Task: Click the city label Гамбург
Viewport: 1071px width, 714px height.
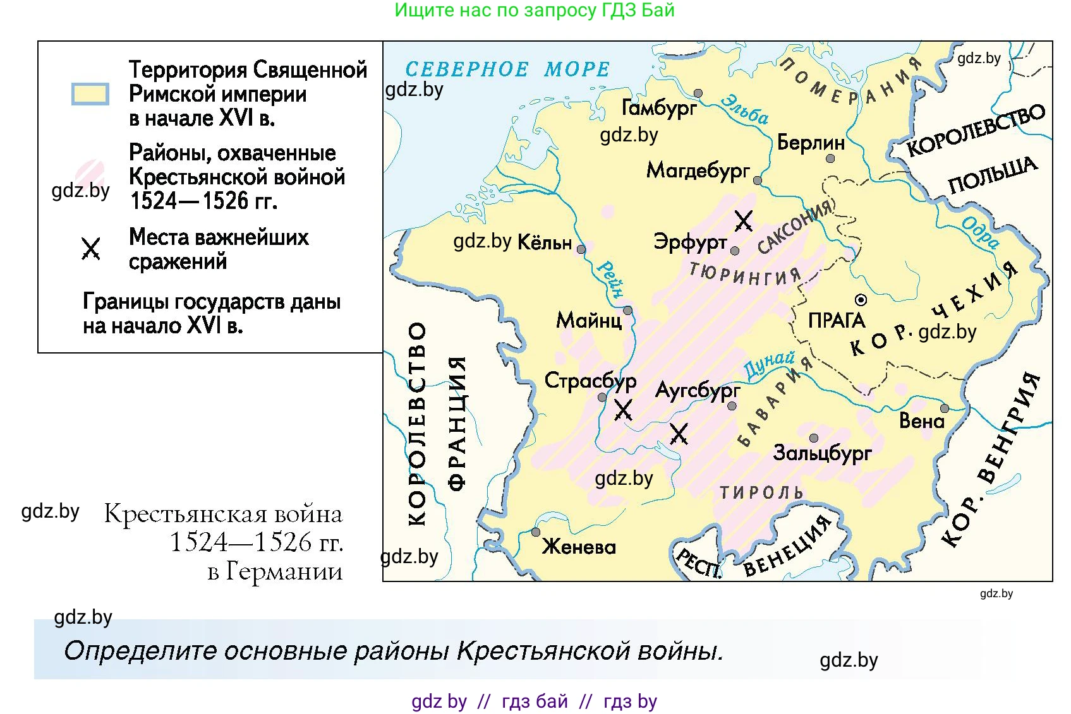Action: [x=659, y=109]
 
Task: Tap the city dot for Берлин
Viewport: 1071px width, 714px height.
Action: [x=830, y=158]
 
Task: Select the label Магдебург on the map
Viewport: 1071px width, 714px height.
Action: [x=698, y=170]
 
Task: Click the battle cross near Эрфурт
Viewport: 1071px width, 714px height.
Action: [x=744, y=221]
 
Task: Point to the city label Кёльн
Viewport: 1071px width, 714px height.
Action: [x=544, y=242]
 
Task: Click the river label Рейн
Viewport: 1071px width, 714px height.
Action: [x=610, y=279]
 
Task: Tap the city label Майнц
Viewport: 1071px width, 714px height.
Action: [x=589, y=321]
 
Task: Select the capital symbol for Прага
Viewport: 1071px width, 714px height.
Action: [x=861, y=299]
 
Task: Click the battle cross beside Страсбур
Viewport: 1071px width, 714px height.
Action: [x=624, y=410]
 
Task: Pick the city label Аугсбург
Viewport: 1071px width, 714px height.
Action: [x=697, y=391]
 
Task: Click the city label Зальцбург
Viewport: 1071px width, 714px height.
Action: [x=822, y=453]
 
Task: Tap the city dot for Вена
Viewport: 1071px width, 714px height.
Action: [x=944, y=408]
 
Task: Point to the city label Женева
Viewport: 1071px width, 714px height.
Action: [x=579, y=547]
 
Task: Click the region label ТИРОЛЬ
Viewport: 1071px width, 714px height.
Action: [x=761, y=492]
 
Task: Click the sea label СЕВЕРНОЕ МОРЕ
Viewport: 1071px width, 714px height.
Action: [x=507, y=69]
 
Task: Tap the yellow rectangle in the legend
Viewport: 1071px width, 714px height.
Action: [x=90, y=93]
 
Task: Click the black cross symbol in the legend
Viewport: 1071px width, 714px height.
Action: [x=91, y=249]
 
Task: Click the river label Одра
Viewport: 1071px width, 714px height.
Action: [x=980, y=232]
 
